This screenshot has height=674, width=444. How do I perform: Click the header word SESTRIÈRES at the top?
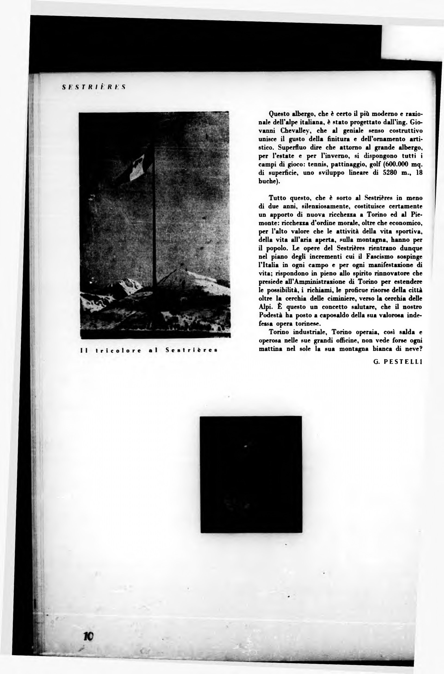[93, 87]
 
